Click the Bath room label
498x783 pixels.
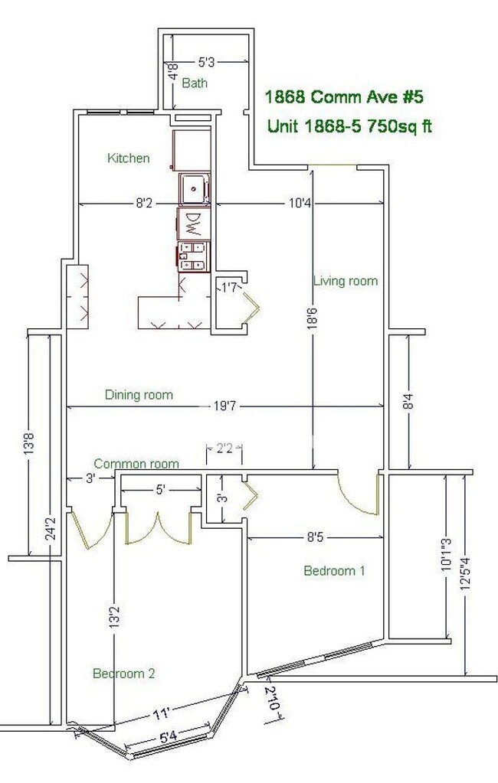pos(195,83)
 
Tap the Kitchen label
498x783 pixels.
pos(128,158)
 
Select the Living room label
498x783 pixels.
pos(346,281)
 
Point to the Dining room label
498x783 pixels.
pos(139,395)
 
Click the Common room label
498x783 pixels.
pos(136,464)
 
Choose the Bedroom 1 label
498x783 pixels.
pos(334,570)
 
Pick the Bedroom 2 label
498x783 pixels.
pos(124,674)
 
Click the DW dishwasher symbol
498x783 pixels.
pos(194,224)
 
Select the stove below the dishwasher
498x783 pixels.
pos(194,256)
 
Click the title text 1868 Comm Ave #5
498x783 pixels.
pos(343,97)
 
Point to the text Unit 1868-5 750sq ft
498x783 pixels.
pos(349,126)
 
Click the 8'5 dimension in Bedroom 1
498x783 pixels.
pos(313,538)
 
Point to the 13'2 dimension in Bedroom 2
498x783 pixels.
pos(114,617)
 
